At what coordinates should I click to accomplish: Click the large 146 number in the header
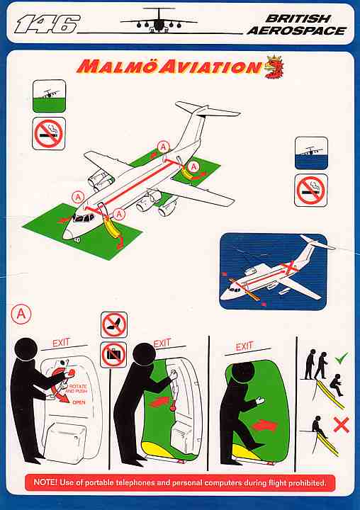point(47,24)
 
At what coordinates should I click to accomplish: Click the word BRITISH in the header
point(298,18)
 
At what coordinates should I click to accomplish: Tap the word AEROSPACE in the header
point(296,30)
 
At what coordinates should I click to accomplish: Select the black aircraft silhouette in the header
point(159,21)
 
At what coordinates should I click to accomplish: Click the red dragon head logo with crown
point(274,67)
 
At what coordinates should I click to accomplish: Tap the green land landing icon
point(49,96)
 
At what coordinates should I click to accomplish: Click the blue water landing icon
point(311,153)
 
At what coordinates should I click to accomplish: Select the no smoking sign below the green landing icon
point(49,133)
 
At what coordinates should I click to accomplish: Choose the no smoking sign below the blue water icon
point(311,191)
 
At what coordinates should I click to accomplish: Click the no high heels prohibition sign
point(114,324)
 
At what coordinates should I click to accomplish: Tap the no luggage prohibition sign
point(113,355)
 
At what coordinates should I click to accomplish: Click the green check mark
point(341,358)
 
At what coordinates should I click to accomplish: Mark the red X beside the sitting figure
point(342,425)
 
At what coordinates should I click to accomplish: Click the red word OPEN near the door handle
point(79,402)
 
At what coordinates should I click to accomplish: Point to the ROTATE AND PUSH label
point(77,388)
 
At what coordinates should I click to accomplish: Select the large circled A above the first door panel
point(21,314)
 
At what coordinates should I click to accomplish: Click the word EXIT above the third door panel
point(244,346)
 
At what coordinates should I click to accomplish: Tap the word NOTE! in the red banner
point(45,482)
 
